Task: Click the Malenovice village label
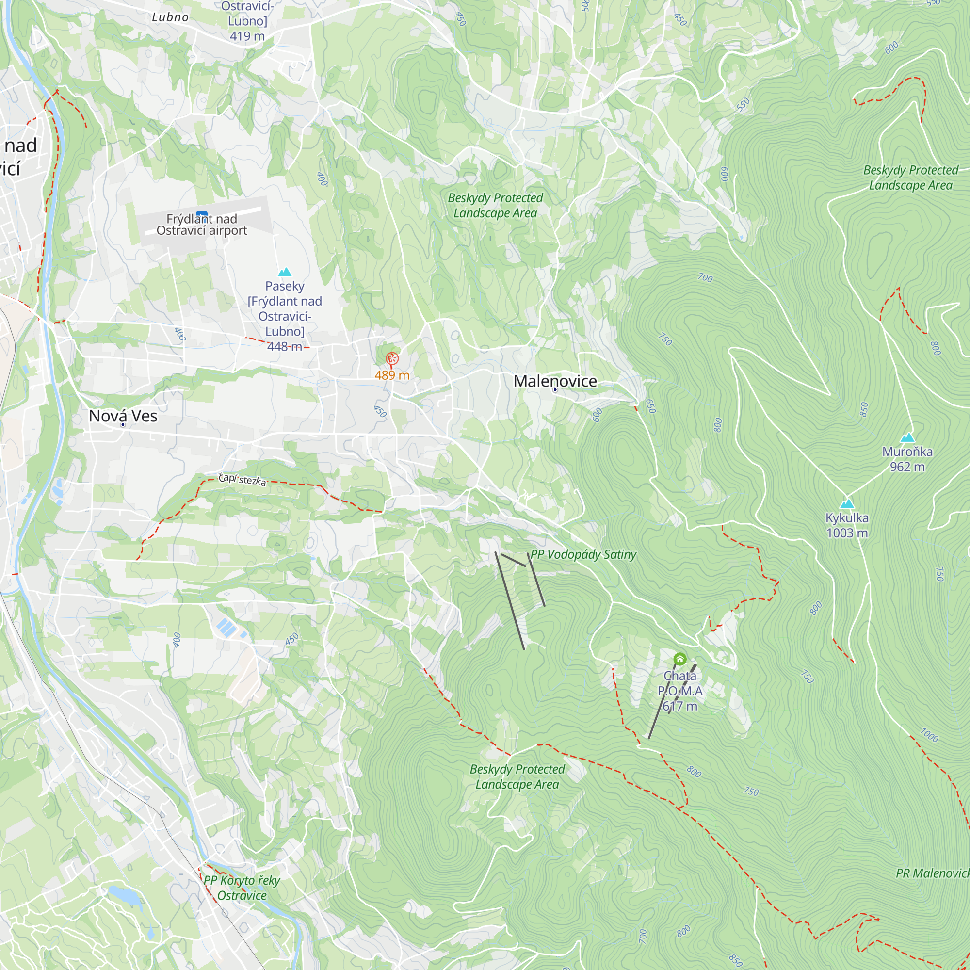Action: pyautogui.click(x=555, y=381)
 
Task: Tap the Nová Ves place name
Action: pyautogui.click(x=123, y=416)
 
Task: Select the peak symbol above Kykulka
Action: pyautogui.click(x=847, y=503)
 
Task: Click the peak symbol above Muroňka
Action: pyautogui.click(x=907, y=437)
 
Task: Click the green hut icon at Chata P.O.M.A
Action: pyautogui.click(x=680, y=659)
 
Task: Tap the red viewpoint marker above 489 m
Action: pyautogui.click(x=391, y=358)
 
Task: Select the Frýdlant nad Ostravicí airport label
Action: pyautogui.click(x=201, y=225)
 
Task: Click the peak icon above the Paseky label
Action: pyautogui.click(x=285, y=272)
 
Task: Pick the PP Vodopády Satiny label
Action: pyautogui.click(x=583, y=554)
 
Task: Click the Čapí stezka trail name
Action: pyautogui.click(x=242, y=480)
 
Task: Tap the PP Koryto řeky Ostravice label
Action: pyautogui.click(x=242, y=888)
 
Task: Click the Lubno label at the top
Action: pyautogui.click(x=170, y=17)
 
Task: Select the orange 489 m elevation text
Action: pyautogui.click(x=391, y=375)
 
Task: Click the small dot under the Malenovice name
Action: pyautogui.click(x=555, y=389)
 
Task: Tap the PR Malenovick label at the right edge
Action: pyautogui.click(x=932, y=873)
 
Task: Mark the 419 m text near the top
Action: pyautogui.click(x=247, y=36)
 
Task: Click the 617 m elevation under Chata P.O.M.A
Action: pyautogui.click(x=680, y=706)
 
